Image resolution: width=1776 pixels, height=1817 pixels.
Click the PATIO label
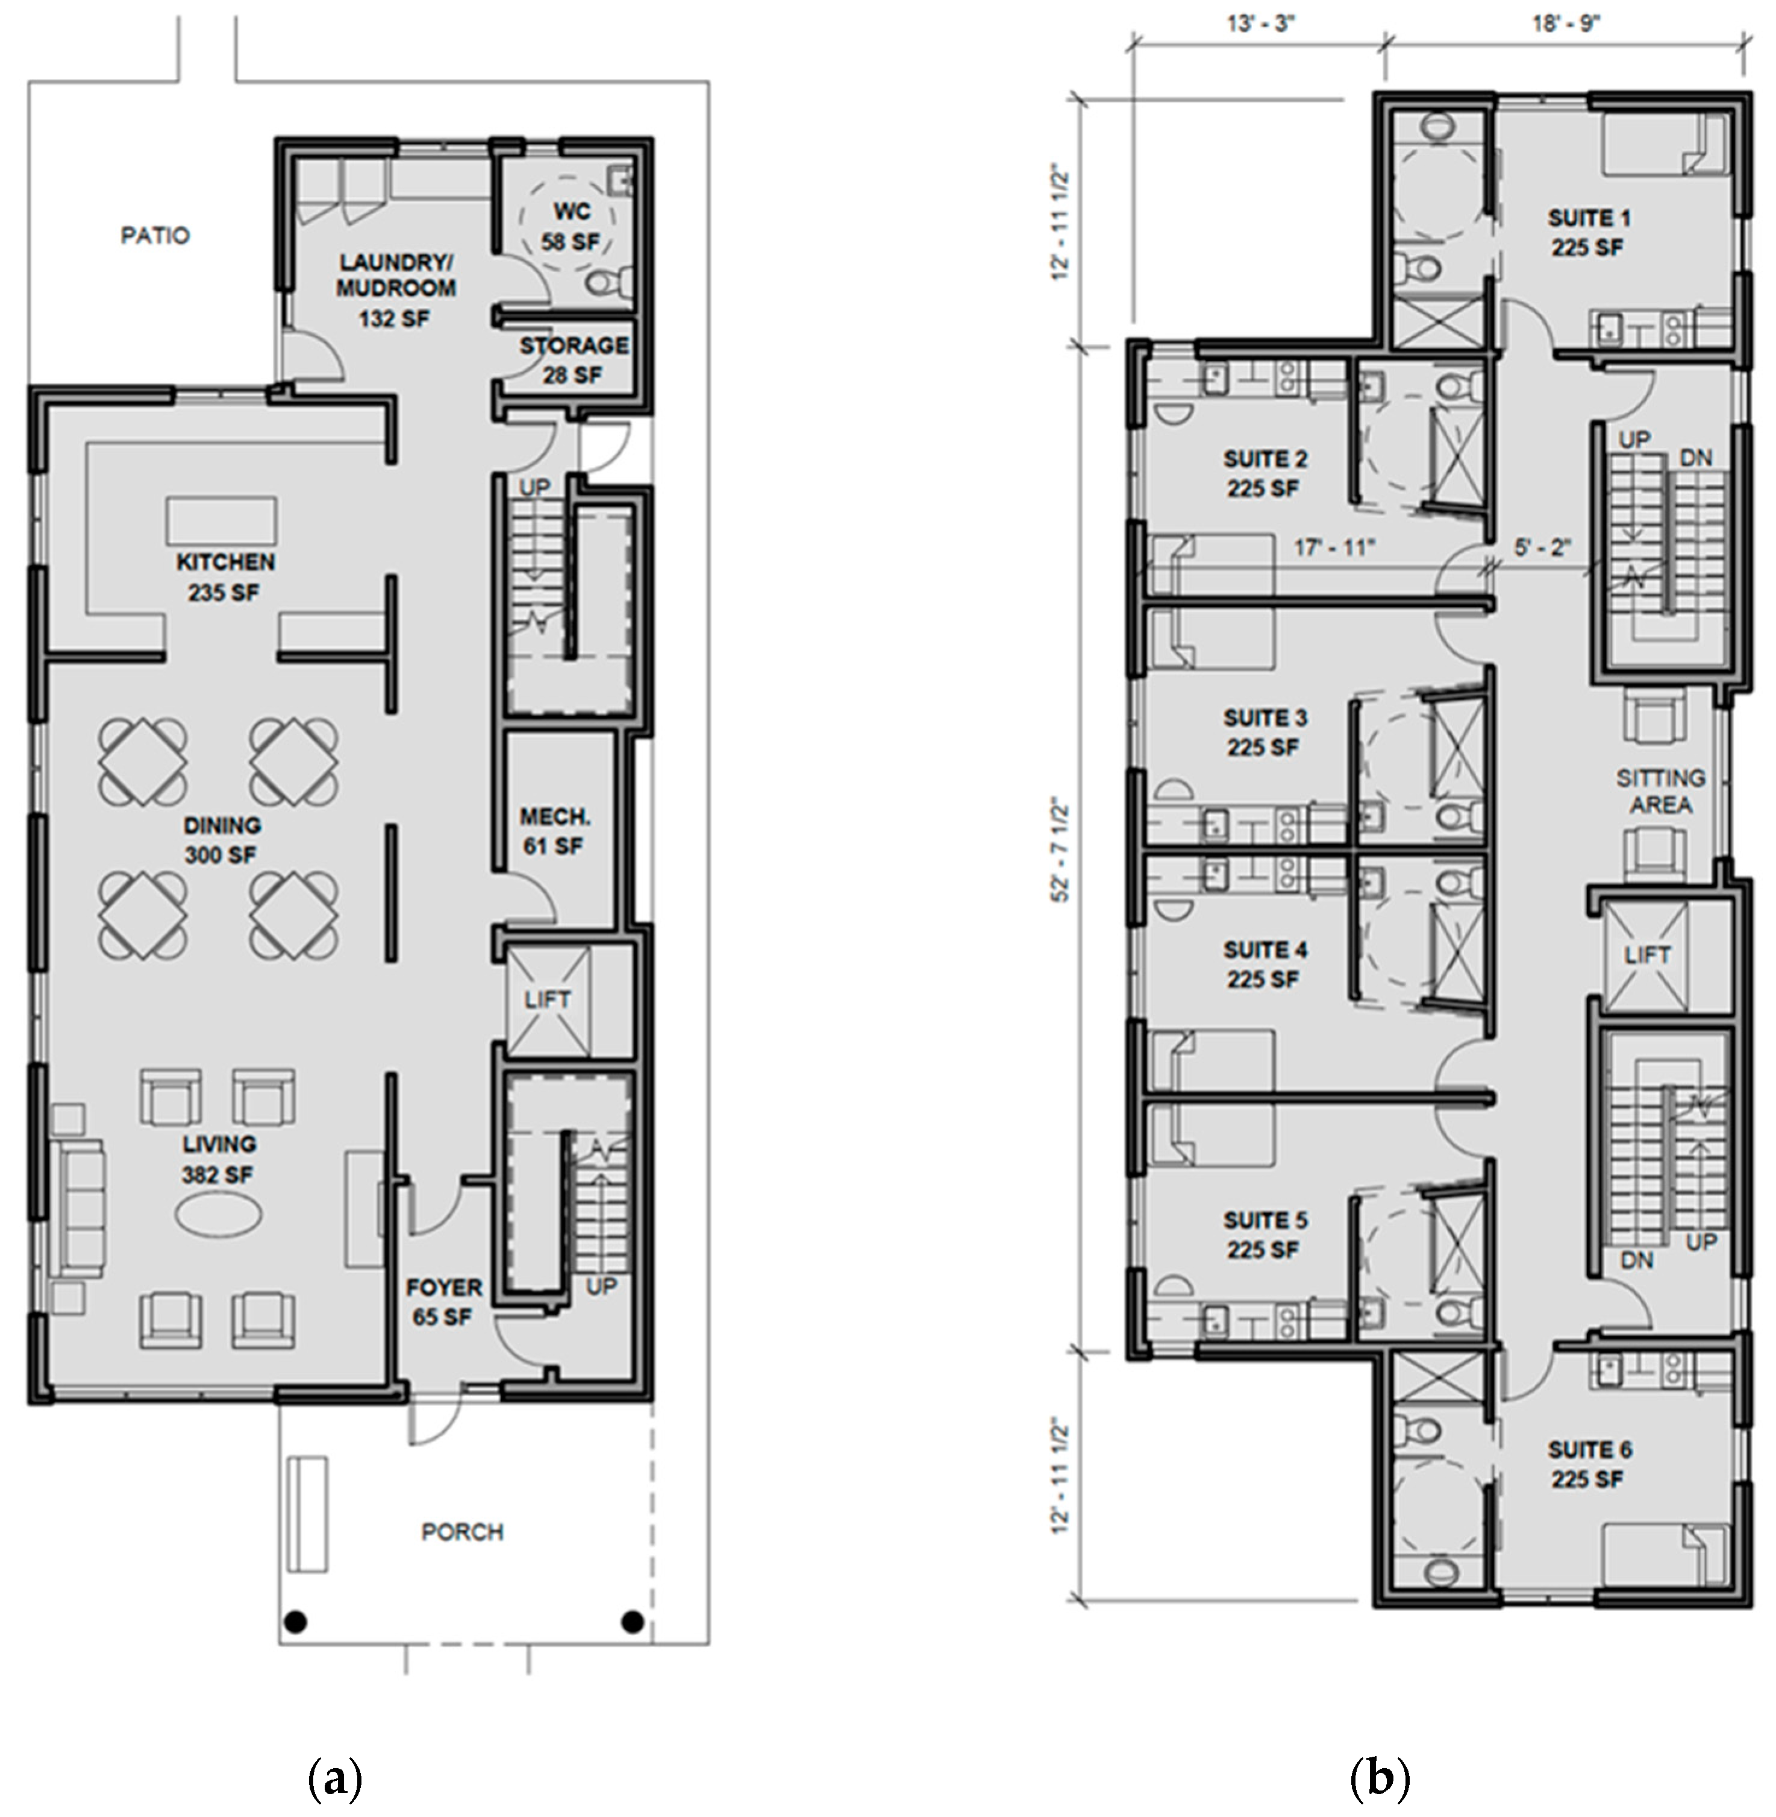[155, 235]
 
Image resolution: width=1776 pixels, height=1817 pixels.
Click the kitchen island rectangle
[222, 521]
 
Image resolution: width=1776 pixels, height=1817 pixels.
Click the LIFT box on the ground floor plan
[548, 1000]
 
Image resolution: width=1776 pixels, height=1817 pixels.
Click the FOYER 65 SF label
[444, 1302]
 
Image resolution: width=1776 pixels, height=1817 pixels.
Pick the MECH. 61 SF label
[555, 831]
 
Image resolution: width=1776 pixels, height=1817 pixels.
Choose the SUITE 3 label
[1265, 732]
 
